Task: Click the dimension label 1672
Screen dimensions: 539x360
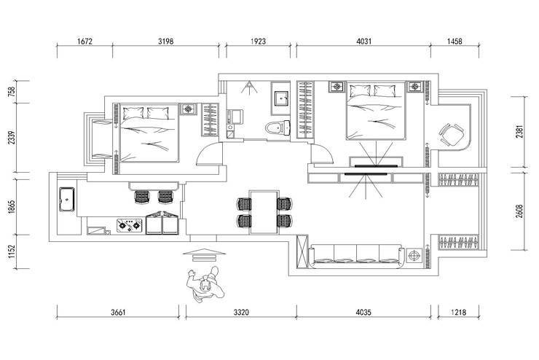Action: tap(85, 42)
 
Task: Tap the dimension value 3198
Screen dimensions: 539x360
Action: tap(165, 42)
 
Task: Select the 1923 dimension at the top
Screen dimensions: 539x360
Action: tap(258, 42)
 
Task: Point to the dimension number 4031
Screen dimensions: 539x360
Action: tap(364, 42)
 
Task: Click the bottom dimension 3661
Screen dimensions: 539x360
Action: tap(118, 313)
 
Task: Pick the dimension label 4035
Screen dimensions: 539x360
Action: tap(363, 313)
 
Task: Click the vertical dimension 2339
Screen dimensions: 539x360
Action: tap(12, 138)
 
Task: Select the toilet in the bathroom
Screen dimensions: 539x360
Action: tap(278, 128)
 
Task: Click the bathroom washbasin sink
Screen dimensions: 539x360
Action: tap(282, 98)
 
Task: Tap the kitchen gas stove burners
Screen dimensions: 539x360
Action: tap(129, 226)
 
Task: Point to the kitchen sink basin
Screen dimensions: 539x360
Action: tap(67, 199)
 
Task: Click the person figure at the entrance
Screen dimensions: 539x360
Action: tap(205, 284)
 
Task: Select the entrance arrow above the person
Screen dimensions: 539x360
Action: tap(205, 255)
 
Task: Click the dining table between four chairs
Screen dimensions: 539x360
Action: tap(264, 212)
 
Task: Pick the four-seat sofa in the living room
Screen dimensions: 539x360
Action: tap(355, 257)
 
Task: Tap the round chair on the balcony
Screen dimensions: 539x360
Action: tap(452, 135)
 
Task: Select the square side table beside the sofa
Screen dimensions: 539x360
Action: tap(414, 256)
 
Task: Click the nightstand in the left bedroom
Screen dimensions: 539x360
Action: tap(188, 109)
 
